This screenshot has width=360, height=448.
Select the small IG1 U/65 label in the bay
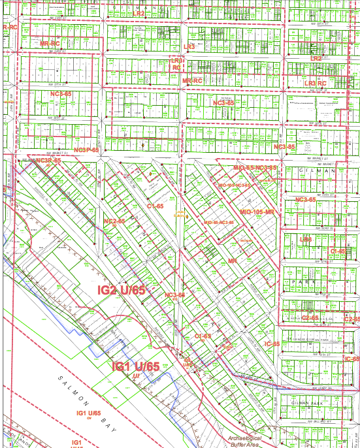(x=89, y=413)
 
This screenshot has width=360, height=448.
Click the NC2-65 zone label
(x=114, y=221)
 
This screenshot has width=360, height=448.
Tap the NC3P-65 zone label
(x=86, y=150)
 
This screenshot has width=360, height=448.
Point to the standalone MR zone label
(x=231, y=261)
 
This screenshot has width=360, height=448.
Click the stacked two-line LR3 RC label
(x=177, y=63)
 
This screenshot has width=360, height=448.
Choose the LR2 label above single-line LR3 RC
(x=316, y=59)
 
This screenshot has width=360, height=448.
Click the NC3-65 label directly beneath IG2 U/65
(x=174, y=295)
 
